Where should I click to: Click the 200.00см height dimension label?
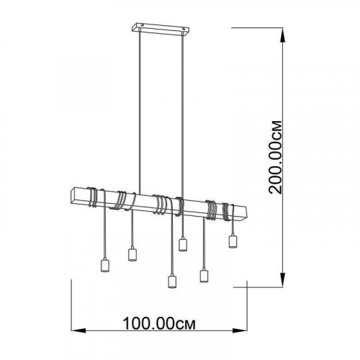[275, 158]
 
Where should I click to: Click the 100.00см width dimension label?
[159, 324]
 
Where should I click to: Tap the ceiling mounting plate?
[161, 30]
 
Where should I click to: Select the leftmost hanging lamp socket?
[104, 265]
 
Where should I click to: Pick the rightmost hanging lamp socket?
[233, 242]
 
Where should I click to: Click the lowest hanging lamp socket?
[172, 282]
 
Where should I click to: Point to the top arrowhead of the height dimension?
[283, 35]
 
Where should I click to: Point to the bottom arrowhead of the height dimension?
[283, 279]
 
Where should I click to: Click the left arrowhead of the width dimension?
[78, 330]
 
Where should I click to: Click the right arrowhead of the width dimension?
[240, 330]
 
